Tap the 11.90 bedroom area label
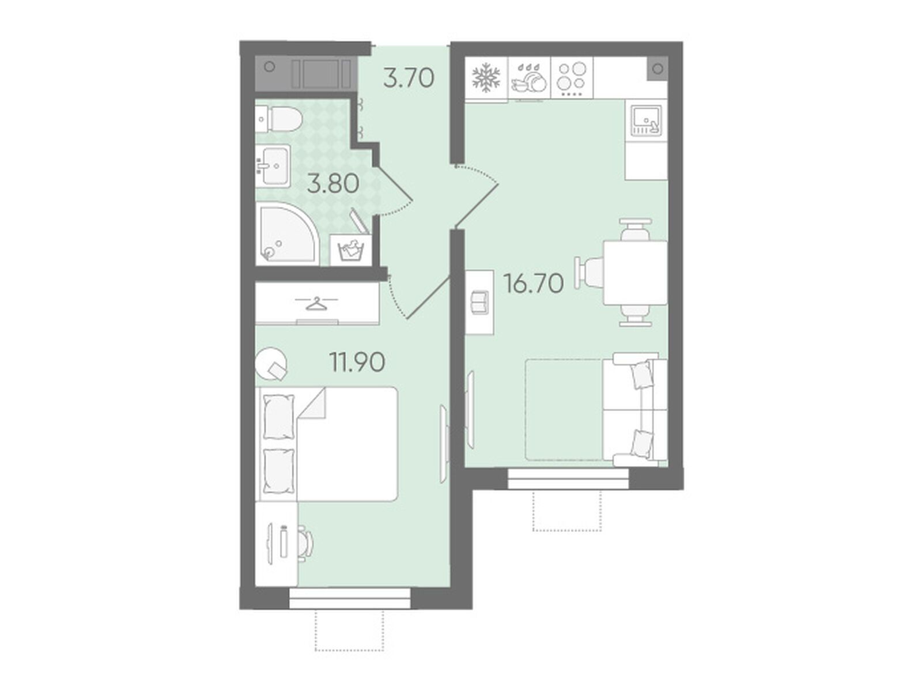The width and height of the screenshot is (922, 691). coord(357,362)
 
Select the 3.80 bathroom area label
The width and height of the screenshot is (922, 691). coord(332,184)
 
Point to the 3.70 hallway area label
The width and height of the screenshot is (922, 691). coord(409,78)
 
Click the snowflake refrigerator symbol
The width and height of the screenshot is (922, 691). coord(486,78)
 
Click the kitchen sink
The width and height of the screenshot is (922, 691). coord(645,120)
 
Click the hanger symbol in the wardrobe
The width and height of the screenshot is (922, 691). coord(317,303)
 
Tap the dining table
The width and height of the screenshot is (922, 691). coord(635,272)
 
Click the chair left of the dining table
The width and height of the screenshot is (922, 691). coord(590,271)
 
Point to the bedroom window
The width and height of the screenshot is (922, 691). coord(349,597)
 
